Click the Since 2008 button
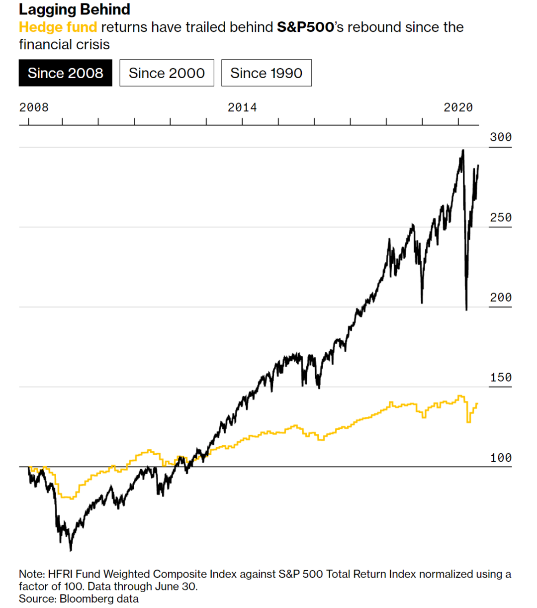pos(65,73)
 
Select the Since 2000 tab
pos(167,73)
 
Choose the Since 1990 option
pos(266,73)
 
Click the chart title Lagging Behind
pos(75,9)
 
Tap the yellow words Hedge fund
pos(58,27)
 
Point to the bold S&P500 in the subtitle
pos(305,27)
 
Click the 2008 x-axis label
pos(34,107)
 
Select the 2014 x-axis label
pos(242,107)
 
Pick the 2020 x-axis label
pos(458,107)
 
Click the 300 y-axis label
pos(500,137)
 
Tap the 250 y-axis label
pos(500,217)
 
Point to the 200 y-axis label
pos(500,298)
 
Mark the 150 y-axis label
pos(500,378)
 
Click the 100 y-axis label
pos(500,458)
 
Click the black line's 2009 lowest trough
pos(71,550)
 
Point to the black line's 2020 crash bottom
pos(466,309)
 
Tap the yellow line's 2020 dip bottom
pos(468,422)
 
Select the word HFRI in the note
pos(60,574)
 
